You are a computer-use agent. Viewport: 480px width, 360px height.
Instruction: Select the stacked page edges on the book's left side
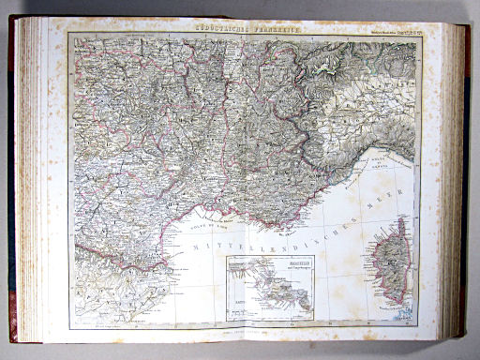point(29,178)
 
